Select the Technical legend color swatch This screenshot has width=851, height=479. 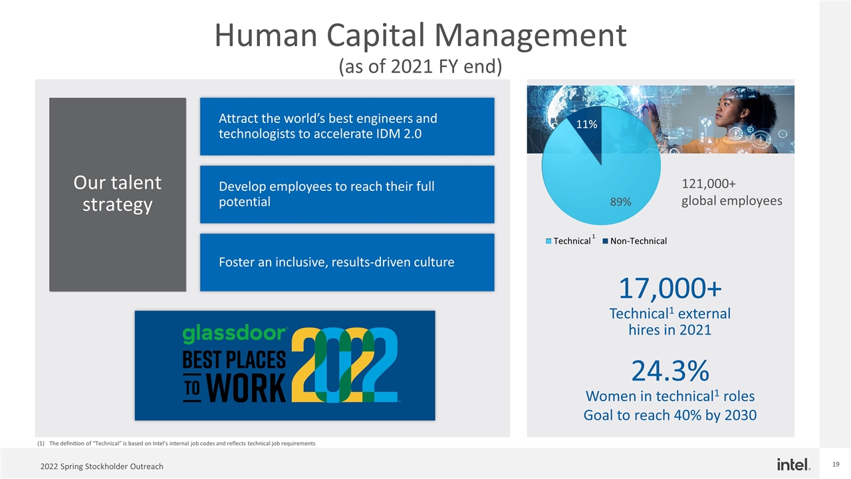548,241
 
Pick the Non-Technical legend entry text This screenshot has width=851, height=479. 638,241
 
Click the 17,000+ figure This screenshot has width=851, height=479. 670,289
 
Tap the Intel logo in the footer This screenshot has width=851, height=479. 793,464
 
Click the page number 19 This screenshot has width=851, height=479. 836,464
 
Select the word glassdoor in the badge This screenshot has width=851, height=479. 234,334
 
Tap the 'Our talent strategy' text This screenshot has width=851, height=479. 117,194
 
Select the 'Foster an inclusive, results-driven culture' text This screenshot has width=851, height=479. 336,262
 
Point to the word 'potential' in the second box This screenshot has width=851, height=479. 245,202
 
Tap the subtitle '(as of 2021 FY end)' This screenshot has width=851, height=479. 420,67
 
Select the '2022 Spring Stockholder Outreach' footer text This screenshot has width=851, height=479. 102,466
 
